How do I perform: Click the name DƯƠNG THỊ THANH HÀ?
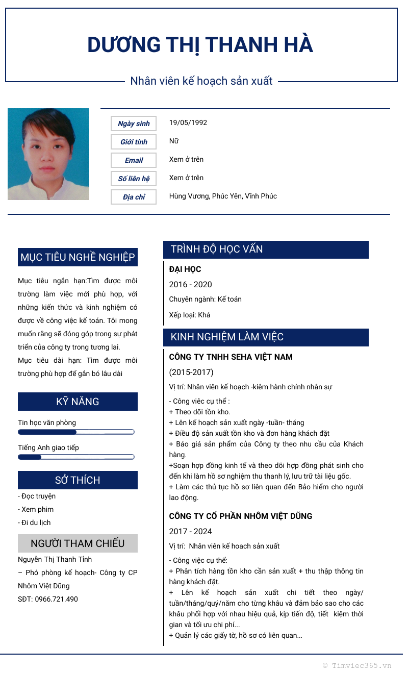pos(200,45)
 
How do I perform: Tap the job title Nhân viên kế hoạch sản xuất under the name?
pos(201,81)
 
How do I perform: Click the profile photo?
pos(48,154)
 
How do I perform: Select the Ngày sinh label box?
pos(134,123)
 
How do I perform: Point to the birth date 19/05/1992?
pos(188,122)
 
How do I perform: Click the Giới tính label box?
pos(134,142)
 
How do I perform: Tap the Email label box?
pos(134,160)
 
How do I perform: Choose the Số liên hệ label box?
pos(134,179)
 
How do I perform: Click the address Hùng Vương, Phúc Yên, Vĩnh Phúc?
pos(223,196)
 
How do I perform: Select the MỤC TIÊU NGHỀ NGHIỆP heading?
pos(78,257)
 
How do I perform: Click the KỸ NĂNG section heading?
pos(78,402)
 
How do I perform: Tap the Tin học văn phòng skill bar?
pos(76,432)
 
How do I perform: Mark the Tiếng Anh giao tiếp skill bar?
pos(76,457)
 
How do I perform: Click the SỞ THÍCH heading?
pos(78,480)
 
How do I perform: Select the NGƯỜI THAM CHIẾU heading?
pos(78,543)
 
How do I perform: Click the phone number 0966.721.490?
pos(56,599)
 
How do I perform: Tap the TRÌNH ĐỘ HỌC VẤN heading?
pos(217,250)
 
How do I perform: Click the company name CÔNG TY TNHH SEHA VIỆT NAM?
pos(231,357)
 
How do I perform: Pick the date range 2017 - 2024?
pos(191,531)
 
